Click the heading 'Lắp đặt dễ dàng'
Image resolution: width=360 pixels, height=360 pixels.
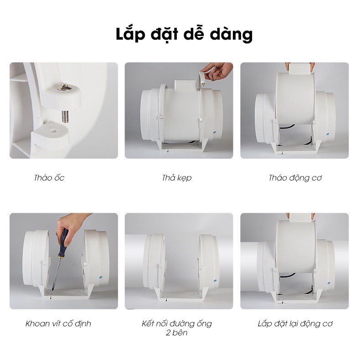(x=184, y=35)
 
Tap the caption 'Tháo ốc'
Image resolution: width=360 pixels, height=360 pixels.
(x=49, y=178)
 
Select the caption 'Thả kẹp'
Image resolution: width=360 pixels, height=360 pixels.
(x=176, y=178)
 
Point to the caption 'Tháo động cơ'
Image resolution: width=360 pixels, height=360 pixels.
(x=295, y=178)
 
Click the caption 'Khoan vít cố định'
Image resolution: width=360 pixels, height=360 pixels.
(x=58, y=324)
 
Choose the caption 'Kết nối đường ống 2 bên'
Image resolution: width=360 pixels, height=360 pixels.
(x=176, y=328)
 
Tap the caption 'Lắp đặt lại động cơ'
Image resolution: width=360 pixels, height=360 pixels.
(x=295, y=324)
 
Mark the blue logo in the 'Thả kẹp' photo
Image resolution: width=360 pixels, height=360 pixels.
(x=215, y=133)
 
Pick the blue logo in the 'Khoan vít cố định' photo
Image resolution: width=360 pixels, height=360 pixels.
(x=100, y=278)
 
